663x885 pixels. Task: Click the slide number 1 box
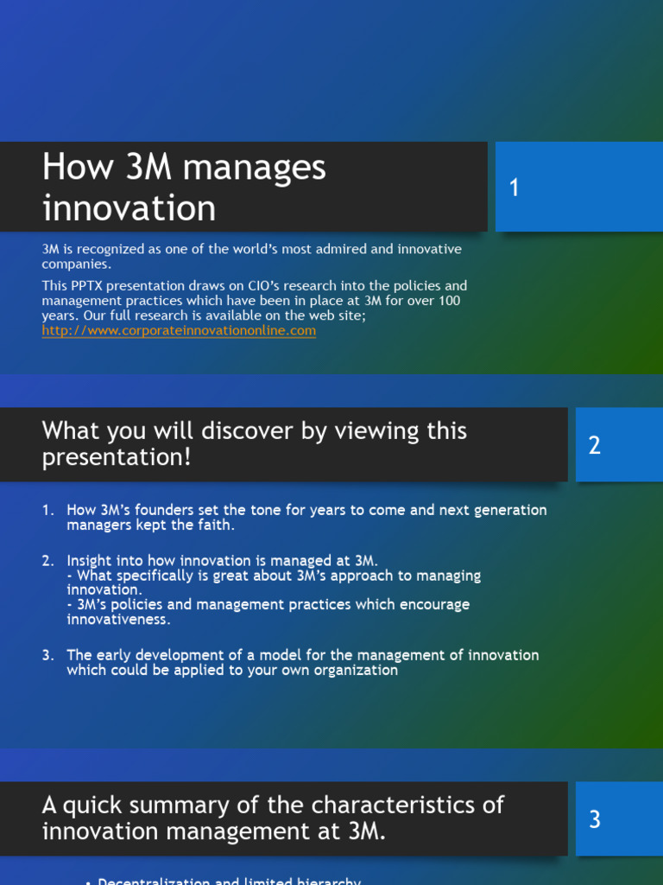(578, 188)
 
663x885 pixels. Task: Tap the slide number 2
(615, 445)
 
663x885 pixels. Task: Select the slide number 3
(615, 819)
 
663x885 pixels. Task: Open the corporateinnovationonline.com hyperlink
(179, 330)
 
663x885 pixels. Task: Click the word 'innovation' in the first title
(129, 208)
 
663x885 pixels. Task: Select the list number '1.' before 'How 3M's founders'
(48, 510)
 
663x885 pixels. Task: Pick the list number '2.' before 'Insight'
(48, 561)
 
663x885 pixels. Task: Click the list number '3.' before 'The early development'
(48, 655)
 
